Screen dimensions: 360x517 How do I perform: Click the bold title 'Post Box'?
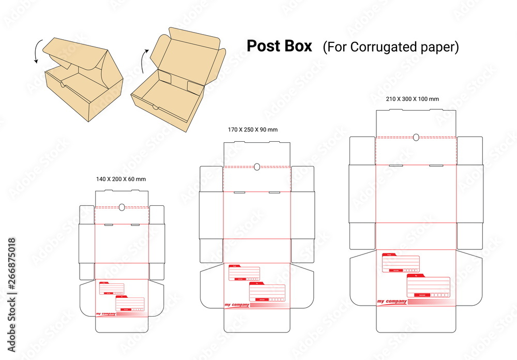[279, 46]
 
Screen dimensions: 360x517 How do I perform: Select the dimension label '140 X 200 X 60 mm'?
[121, 179]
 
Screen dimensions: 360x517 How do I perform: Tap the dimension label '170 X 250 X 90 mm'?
[253, 129]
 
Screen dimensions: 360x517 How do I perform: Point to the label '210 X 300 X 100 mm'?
[413, 99]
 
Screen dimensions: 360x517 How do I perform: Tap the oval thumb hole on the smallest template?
[122, 207]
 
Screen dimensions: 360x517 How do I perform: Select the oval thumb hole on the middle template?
[257, 167]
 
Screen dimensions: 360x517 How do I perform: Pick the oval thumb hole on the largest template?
[416, 137]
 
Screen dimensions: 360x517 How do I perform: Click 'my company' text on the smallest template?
[105, 314]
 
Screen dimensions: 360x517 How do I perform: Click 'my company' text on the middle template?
[237, 305]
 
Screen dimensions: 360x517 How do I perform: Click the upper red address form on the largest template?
[401, 263]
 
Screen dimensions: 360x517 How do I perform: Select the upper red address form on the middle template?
[244, 273]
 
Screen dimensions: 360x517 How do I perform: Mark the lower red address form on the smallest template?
[129, 304]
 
